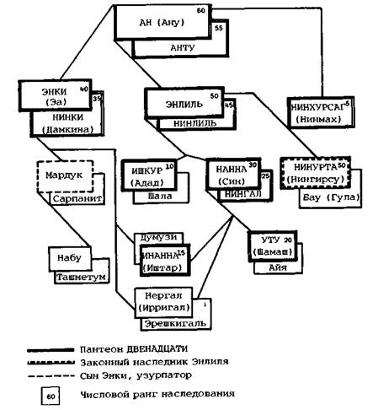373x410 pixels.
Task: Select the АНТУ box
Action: coord(182,48)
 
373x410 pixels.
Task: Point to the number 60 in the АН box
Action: coord(223,11)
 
